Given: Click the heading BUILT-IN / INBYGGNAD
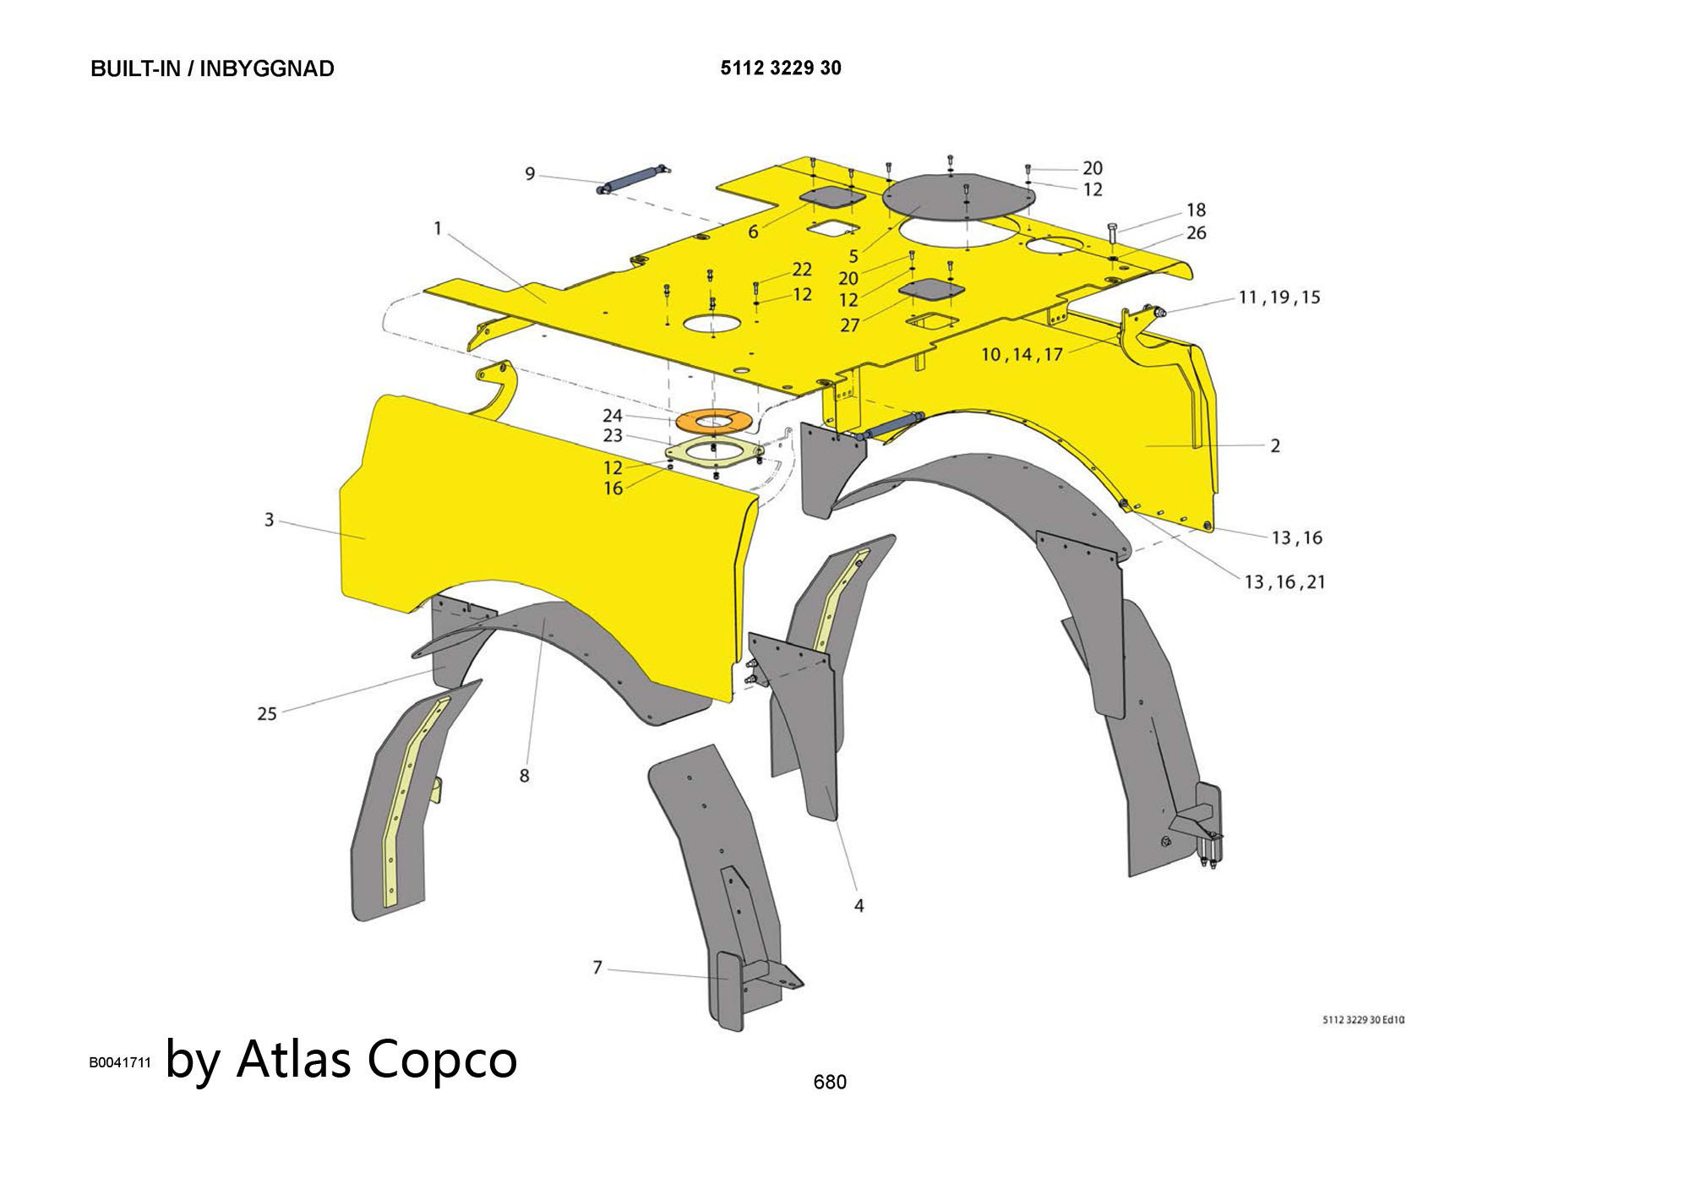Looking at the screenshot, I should click(x=212, y=68).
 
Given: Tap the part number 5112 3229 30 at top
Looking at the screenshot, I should click(x=780, y=68).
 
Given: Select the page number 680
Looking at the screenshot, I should click(x=829, y=1082).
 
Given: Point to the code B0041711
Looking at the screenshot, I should click(x=120, y=1062).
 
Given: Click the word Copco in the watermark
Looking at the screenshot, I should click(x=442, y=1058).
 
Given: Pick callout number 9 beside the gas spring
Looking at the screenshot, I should click(x=530, y=174).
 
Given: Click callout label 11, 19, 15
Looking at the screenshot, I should click(x=1278, y=297).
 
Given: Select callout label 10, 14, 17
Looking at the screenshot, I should click(x=1021, y=355).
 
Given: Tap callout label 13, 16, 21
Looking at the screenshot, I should click(x=1284, y=582).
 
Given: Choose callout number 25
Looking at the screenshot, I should click(x=267, y=714).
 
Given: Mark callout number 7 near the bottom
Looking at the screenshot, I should click(x=597, y=967).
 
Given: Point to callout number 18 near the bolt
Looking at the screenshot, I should click(x=1196, y=210).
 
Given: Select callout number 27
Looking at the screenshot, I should click(x=849, y=325).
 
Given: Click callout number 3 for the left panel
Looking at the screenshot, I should click(x=269, y=520).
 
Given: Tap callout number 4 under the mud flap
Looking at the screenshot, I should click(x=859, y=906).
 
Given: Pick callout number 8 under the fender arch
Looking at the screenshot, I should click(x=524, y=776).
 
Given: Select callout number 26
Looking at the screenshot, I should click(x=1196, y=233).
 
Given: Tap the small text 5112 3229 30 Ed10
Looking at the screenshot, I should click(x=1362, y=1020).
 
